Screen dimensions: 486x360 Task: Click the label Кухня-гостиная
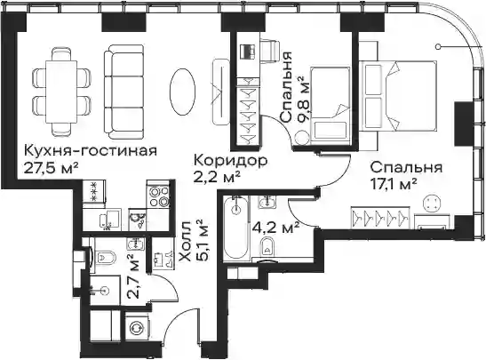[91, 151]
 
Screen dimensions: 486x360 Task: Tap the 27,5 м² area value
[51, 169]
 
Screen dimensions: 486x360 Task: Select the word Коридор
[230, 161]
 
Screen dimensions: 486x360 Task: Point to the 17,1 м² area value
[394, 185]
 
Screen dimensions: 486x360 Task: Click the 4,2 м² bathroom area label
[275, 228]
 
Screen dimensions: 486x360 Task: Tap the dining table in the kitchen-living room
[61, 92]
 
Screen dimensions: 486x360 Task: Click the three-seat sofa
[124, 92]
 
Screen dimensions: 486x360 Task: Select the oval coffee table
[183, 92]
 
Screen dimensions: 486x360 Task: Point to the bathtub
[235, 229]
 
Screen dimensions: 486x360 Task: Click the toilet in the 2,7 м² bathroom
[104, 257]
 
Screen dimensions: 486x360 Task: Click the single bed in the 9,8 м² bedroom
[331, 106]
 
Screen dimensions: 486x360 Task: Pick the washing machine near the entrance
[137, 328]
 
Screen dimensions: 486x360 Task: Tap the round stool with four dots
[431, 204]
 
